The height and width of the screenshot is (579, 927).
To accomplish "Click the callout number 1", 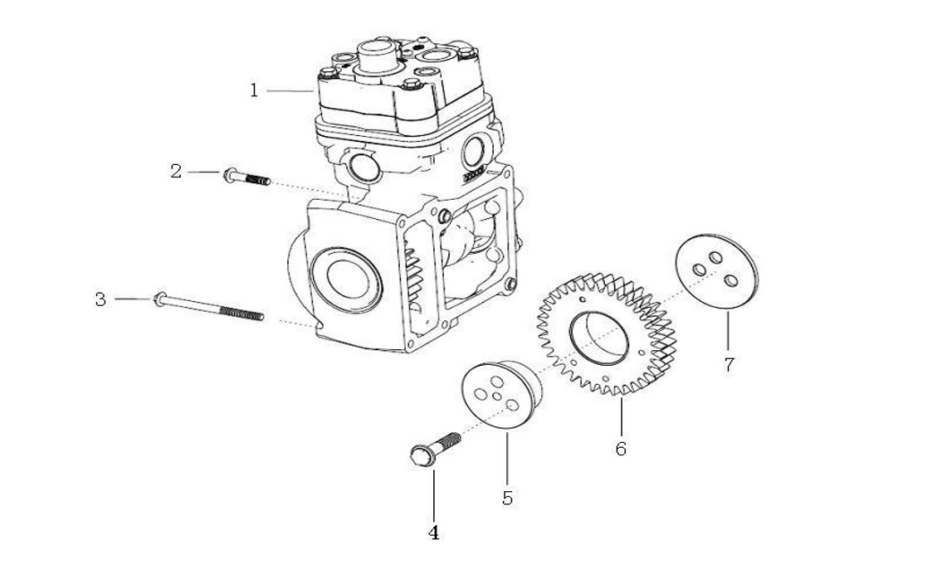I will click(255, 90).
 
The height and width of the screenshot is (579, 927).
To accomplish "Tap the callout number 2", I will click(176, 172).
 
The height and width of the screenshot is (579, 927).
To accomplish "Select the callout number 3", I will click(100, 299).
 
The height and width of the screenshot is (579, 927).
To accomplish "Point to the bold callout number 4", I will click(433, 533).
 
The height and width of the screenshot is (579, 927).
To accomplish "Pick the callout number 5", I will click(507, 498).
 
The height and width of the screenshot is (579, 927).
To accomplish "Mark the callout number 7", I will click(728, 365).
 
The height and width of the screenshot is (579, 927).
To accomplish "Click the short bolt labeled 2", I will click(246, 178).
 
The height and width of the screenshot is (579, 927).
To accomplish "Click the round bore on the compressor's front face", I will click(341, 273).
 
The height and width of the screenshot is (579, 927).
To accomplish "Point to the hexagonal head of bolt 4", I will click(422, 455).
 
